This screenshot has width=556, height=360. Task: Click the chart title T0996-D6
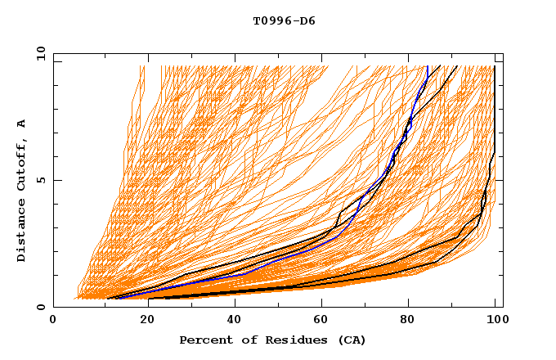(284, 21)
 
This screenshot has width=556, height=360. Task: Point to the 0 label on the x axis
(54, 322)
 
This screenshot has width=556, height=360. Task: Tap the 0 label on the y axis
(40, 307)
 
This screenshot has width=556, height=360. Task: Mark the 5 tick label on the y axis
(40, 180)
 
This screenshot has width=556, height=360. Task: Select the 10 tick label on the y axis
(37, 52)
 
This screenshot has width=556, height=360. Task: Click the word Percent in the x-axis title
(203, 340)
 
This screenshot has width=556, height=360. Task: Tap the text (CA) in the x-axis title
(352, 340)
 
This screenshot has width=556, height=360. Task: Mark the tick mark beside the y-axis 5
(56, 180)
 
